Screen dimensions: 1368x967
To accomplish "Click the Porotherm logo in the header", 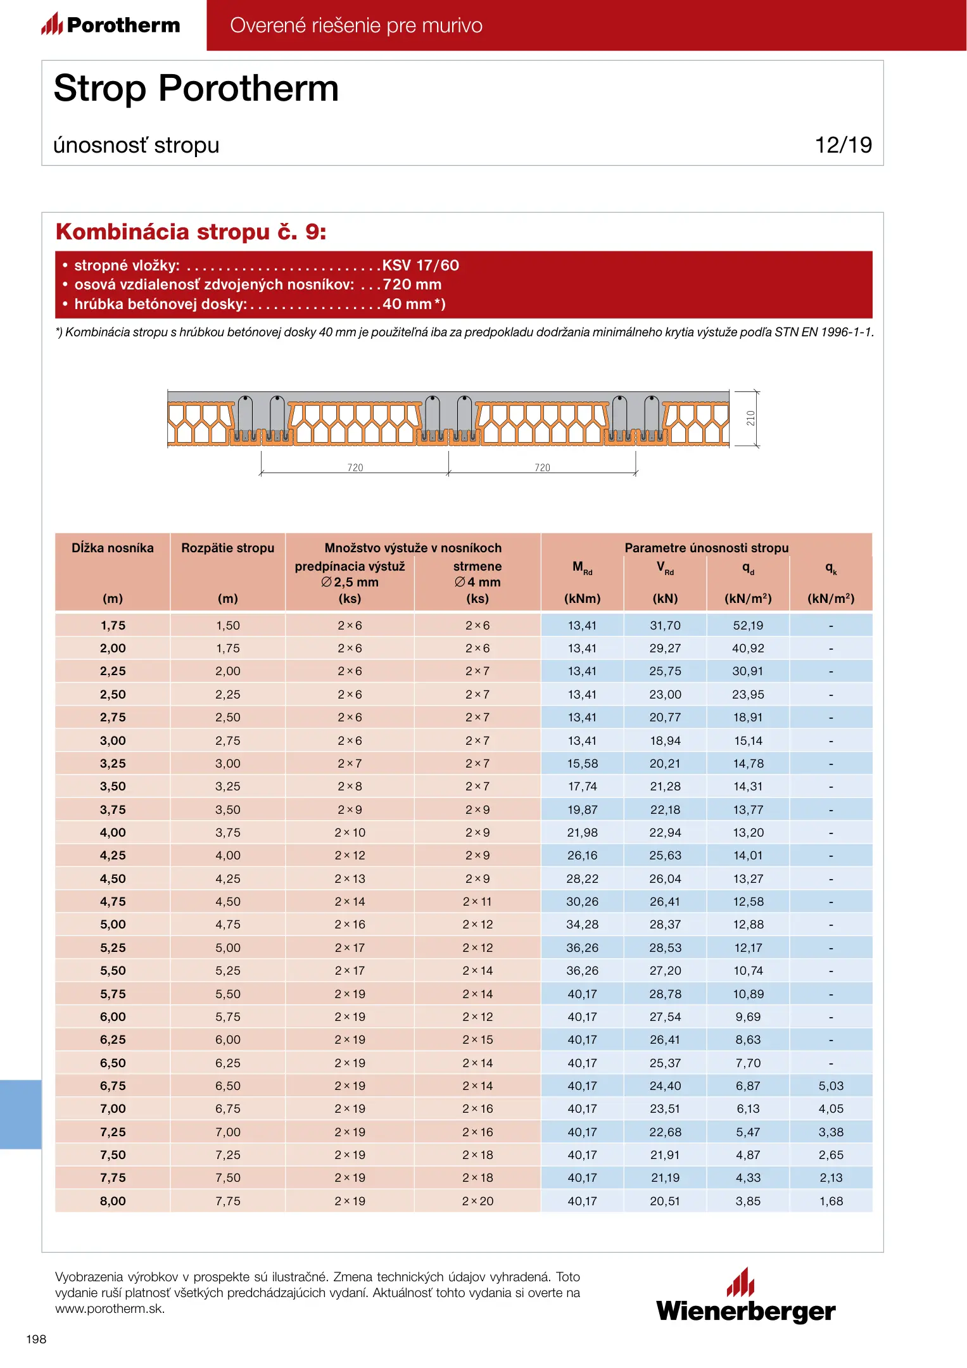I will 111,25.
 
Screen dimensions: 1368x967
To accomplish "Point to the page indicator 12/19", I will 843,145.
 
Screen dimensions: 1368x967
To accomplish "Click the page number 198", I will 36,1339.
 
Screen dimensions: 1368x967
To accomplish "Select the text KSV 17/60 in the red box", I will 420,265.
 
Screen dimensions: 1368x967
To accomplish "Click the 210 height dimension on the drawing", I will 750,418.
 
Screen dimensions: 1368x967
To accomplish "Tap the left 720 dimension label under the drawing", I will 355,467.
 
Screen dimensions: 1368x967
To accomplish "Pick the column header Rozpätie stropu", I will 227,548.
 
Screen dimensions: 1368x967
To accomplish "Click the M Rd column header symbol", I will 582,567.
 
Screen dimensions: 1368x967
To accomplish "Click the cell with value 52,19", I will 748,625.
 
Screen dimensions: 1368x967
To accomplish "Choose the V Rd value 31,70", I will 665,625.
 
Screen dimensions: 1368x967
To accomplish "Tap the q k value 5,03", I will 831,1086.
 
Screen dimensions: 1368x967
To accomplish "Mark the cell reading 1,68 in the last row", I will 831,1201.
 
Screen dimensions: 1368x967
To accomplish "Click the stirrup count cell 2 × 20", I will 477,1201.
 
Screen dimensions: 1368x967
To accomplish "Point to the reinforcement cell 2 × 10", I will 350,832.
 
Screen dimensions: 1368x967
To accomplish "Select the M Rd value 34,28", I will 582,925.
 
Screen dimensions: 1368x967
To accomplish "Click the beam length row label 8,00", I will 113,1201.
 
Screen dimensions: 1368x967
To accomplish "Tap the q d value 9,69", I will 748,1016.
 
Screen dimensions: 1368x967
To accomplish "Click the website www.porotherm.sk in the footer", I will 110,1309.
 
